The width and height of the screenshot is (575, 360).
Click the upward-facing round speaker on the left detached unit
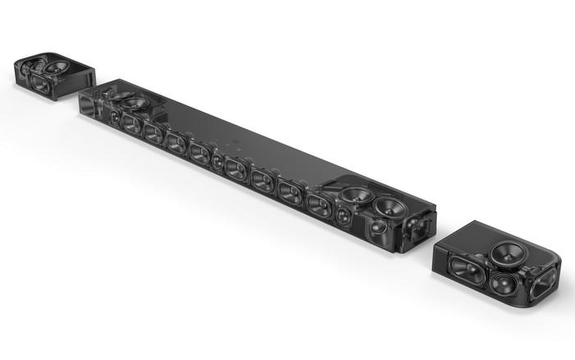pos(56,64)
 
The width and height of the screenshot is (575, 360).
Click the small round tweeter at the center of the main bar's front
pos(218,159)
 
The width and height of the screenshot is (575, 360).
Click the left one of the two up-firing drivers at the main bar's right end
pos(356,196)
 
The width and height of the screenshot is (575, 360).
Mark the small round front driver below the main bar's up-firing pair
pos(378,227)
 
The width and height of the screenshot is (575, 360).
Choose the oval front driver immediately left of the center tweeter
pos(200,152)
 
